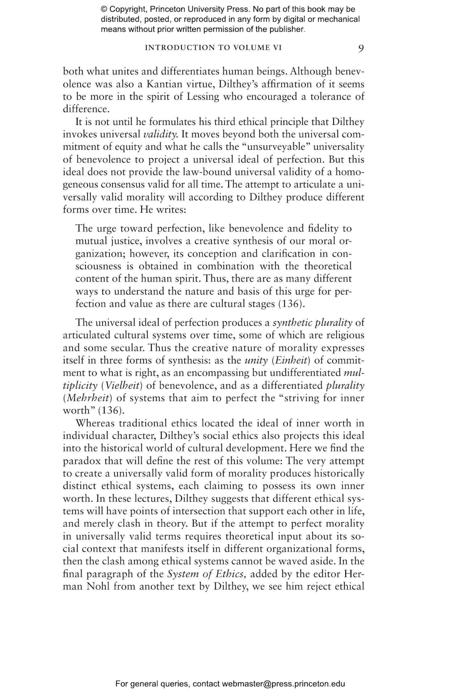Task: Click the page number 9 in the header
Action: [361, 49]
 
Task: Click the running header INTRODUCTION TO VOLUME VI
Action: [213, 48]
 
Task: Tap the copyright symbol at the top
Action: [103, 9]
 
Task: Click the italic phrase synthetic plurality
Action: [312, 322]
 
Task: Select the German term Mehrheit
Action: [88, 398]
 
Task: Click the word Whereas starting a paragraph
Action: [95, 423]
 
